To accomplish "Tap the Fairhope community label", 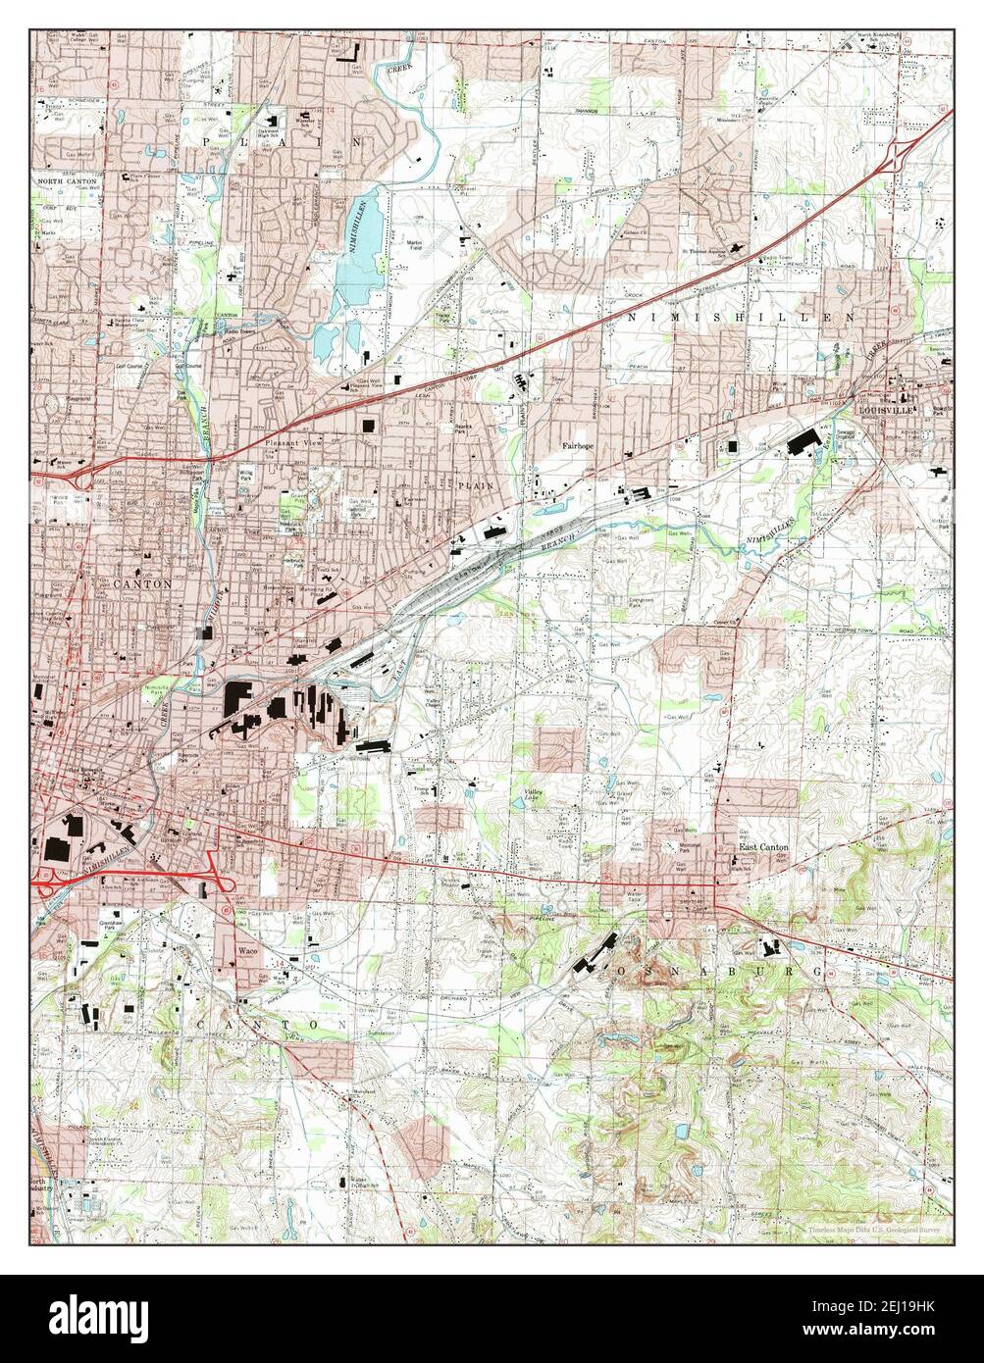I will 579,444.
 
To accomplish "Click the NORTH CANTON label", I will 64,182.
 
